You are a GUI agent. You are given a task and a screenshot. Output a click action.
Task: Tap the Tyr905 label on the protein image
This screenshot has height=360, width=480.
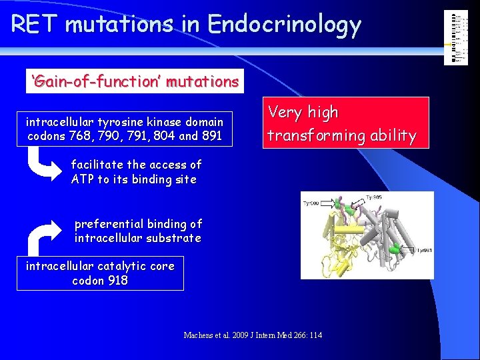coord(375,197)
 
